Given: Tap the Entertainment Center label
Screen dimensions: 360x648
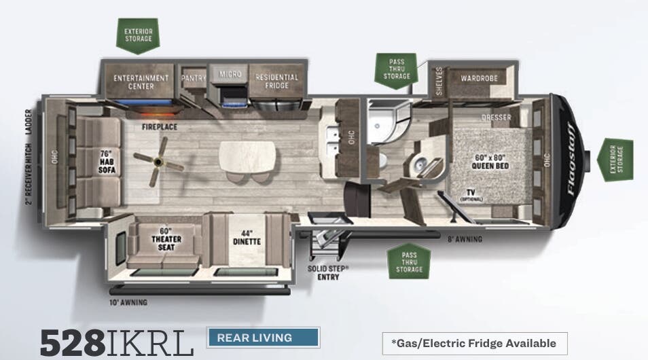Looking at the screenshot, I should pyautogui.click(x=141, y=82).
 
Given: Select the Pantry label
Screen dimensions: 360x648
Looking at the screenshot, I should pyautogui.click(x=194, y=78).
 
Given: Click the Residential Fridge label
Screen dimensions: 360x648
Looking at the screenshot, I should pyautogui.click(x=276, y=82).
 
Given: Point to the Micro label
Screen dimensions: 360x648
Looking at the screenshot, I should pyautogui.click(x=230, y=73).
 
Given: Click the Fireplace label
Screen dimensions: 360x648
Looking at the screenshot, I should pyautogui.click(x=160, y=127).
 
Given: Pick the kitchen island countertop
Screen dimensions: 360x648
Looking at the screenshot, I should pyautogui.click(x=248, y=156).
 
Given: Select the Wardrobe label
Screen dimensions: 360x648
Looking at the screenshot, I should pyautogui.click(x=479, y=78).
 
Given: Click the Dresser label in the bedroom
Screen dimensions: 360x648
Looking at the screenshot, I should pyautogui.click(x=496, y=118).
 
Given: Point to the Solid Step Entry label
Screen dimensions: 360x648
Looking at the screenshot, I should pyautogui.click(x=328, y=273).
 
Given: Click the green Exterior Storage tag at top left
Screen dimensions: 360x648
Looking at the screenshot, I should pyautogui.click(x=138, y=35).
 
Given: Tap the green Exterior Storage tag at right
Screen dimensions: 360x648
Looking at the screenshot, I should pyautogui.click(x=615, y=159).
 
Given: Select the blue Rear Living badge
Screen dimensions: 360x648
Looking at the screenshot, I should pyautogui.click(x=263, y=338).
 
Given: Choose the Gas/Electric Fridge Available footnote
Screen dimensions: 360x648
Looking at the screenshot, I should pyautogui.click(x=473, y=343).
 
